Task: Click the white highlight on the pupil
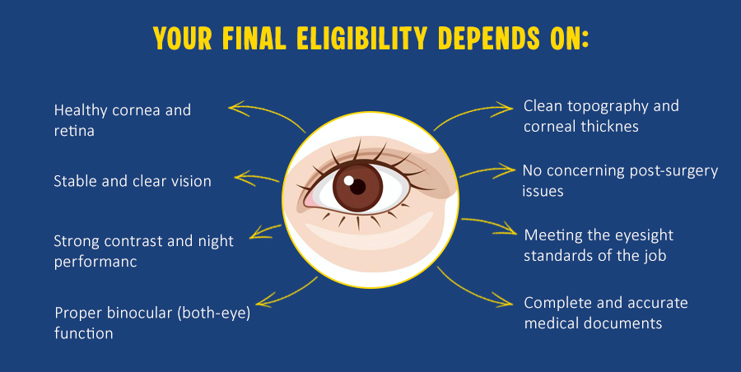tap(348, 179)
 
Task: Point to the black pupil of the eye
tap(357, 186)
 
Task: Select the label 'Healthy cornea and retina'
tap(122, 119)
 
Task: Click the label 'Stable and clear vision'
tap(133, 180)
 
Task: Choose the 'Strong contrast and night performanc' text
tap(143, 251)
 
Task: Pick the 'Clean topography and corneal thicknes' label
tap(601, 116)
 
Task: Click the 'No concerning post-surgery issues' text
tap(620, 180)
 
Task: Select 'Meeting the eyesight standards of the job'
tap(599, 244)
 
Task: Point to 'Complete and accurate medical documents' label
tap(605, 313)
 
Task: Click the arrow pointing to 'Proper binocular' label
tap(288, 293)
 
